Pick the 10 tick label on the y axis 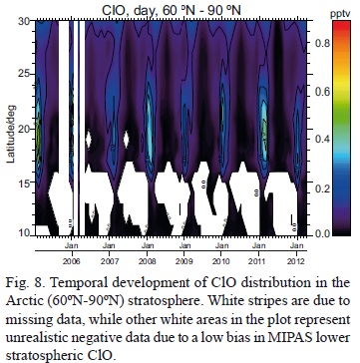(x=27, y=232)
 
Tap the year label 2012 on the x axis (x=321, y=254)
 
